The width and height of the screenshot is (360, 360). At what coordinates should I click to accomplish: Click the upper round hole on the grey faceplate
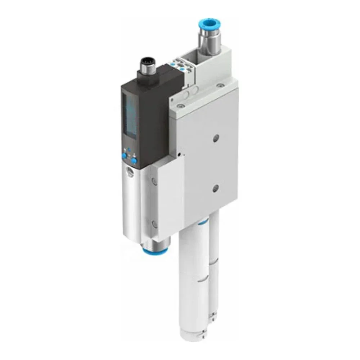215,138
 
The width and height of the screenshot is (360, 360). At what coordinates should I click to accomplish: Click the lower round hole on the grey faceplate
215,187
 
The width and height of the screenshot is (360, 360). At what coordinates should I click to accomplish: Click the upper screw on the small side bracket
154,181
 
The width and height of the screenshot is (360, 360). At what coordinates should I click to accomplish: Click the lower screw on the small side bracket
154,224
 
